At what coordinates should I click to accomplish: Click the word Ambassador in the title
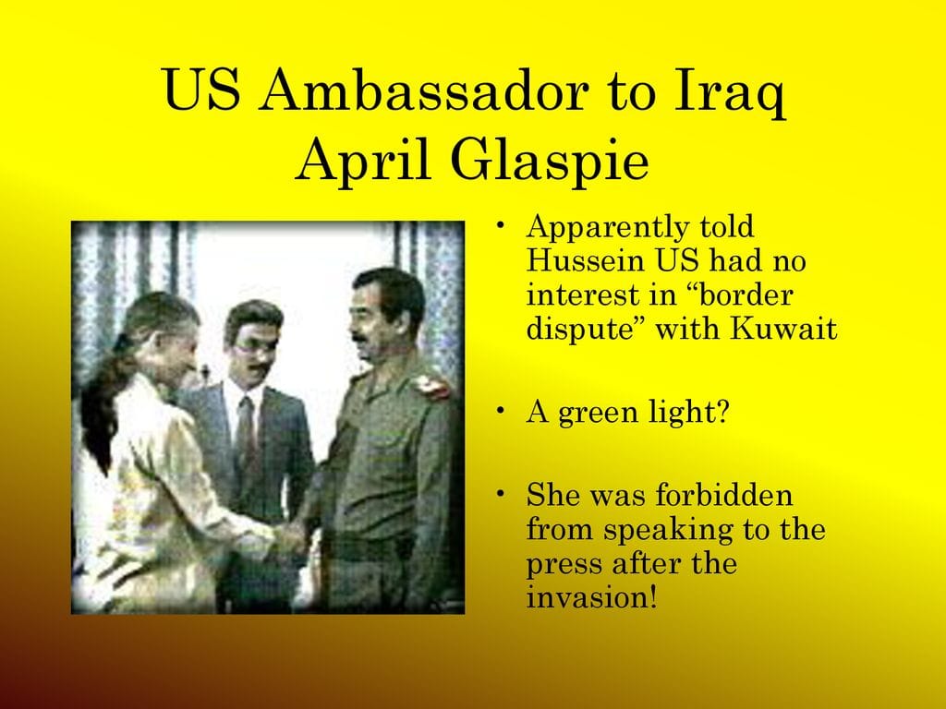coord(423,90)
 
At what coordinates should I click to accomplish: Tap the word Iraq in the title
coord(730,94)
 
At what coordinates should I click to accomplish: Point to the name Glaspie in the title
coord(549,161)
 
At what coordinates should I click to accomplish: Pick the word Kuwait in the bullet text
coord(783,328)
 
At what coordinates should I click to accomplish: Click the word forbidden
coord(723,495)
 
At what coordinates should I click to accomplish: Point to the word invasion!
coord(591,597)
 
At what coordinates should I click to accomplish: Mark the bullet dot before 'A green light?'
coord(500,410)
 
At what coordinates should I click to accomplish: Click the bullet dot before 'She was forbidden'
coord(500,493)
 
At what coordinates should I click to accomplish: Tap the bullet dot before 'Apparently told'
coord(500,225)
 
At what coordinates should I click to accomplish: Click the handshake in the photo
coord(290,536)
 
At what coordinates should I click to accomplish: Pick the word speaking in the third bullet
coord(669,531)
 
